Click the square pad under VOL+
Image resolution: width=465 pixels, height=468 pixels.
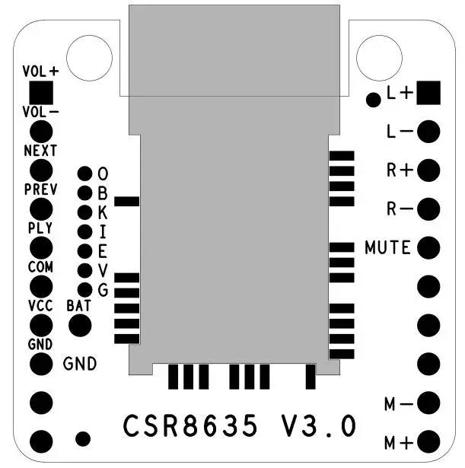(41, 93)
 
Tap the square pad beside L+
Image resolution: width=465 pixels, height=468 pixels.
(428, 93)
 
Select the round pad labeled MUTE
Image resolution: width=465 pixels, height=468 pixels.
(428, 248)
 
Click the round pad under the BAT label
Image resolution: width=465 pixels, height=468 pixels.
(80, 326)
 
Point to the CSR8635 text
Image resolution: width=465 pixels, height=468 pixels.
(190, 425)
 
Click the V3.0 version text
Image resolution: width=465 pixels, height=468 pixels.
(319, 425)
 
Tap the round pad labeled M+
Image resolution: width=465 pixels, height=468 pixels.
(428, 441)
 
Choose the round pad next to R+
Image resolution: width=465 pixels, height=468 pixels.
(428, 170)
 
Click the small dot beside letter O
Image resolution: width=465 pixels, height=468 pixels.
(84, 174)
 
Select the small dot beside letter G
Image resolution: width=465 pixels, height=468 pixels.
(84, 290)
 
